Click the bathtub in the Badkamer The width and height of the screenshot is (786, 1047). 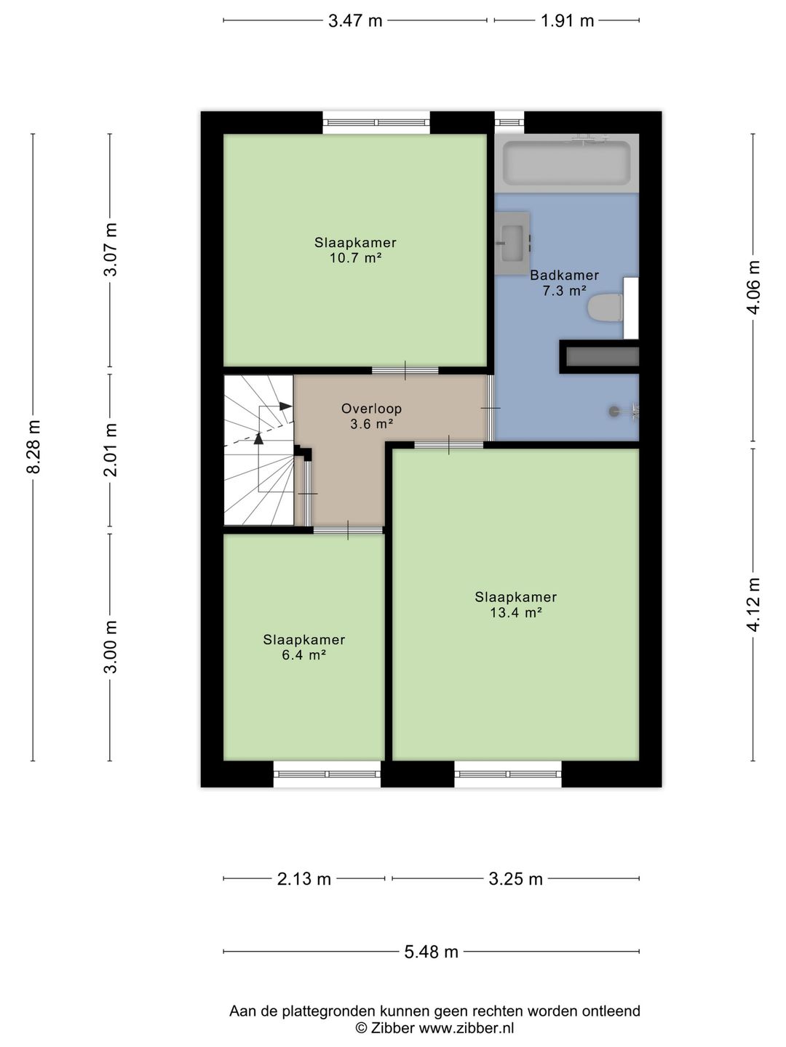click(x=566, y=163)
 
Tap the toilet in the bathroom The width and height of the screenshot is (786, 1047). click(x=606, y=308)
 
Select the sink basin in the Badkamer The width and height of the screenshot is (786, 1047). click(x=512, y=244)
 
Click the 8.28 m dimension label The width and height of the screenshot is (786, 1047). click(x=33, y=447)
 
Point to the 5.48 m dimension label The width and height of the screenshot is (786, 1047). click(x=431, y=952)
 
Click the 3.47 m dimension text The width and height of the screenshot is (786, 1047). click(x=355, y=21)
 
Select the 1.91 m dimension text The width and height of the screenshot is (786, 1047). click(x=567, y=21)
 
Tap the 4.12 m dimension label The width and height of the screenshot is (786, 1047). click(x=753, y=604)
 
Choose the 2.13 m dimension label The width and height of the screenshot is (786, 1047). click(x=304, y=878)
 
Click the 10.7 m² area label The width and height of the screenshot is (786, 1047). click(x=356, y=259)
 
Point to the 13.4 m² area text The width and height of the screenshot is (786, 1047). click(x=516, y=613)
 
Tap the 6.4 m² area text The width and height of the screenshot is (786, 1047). click(x=304, y=655)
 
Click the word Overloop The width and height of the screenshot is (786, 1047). click(x=371, y=409)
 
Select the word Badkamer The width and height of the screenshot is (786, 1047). click(x=564, y=276)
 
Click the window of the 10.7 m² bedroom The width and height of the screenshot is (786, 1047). click(x=376, y=123)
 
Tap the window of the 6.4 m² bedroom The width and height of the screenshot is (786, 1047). click(x=327, y=774)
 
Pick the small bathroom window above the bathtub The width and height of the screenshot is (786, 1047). click(x=509, y=123)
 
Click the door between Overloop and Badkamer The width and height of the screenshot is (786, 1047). click(x=491, y=408)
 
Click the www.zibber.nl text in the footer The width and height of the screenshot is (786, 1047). click(x=467, y=1027)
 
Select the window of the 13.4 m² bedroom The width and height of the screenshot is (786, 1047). click(x=508, y=774)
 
